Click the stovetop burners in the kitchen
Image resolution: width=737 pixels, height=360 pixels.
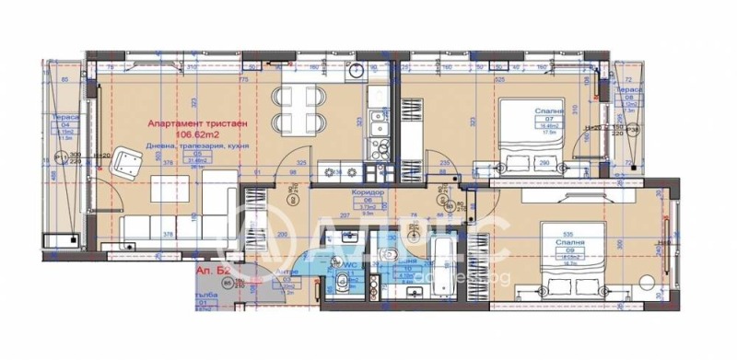[x=332, y=171]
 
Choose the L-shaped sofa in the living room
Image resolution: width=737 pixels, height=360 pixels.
[x=157, y=226]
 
